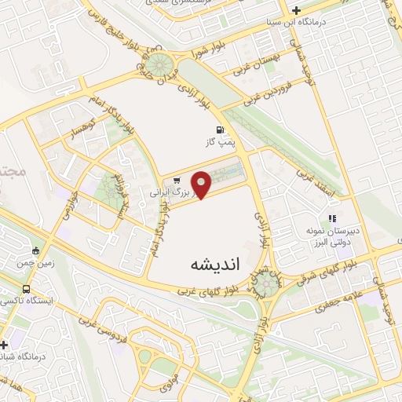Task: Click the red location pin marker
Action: (202, 184)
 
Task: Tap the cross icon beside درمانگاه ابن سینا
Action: (296, 10)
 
